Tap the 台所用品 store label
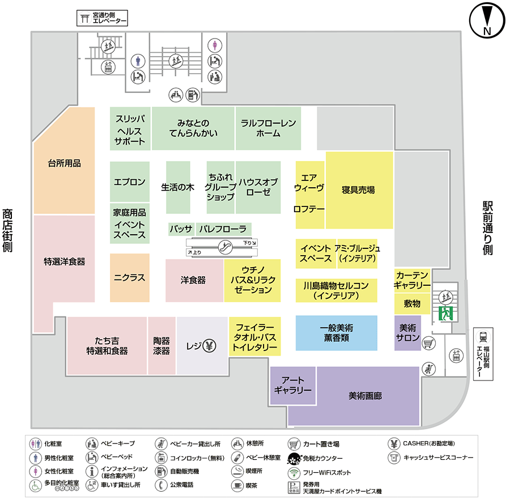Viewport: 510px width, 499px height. [x=65, y=163]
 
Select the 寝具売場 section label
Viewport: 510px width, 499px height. [x=358, y=190]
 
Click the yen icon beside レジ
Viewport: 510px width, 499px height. [x=210, y=346]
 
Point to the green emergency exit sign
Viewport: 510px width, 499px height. [x=445, y=313]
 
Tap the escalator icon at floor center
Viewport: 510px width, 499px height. [x=225, y=247]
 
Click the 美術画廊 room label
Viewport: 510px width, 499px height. [x=365, y=396]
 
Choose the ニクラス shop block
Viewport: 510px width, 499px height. [x=129, y=278]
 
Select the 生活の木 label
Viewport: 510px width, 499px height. [x=177, y=187]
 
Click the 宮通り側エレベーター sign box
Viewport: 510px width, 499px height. [x=102, y=18]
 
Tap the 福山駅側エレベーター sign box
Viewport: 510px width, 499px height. [x=483, y=353]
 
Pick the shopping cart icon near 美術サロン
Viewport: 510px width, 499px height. [x=428, y=343]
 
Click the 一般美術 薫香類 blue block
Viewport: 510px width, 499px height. [x=336, y=333]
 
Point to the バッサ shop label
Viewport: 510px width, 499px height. [x=181, y=229]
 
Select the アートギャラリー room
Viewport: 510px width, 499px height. [x=293, y=386]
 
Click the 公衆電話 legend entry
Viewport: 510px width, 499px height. [x=175, y=485]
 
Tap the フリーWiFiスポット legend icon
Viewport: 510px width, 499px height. [x=294, y=473]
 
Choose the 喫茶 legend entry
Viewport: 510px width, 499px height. [x=244, y=485]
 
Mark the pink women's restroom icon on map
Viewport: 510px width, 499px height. [x=215, y=45]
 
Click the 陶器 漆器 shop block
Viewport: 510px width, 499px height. [x=161, y=346]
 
